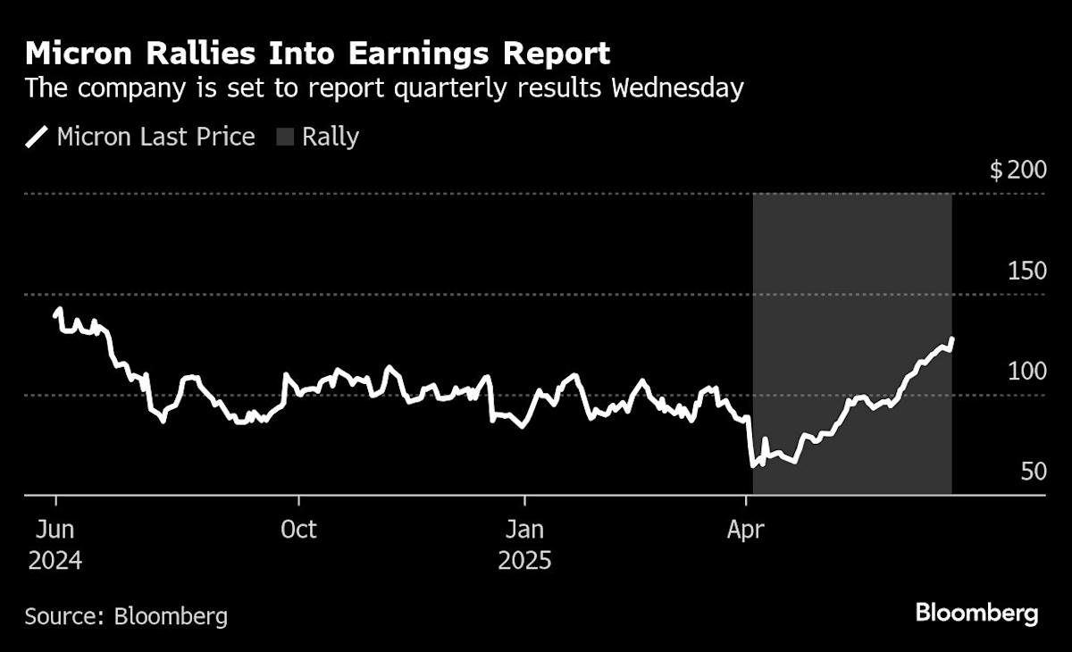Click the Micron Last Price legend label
tap(155, 137)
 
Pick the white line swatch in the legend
tap(38, 137)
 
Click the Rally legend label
tap(330, 137)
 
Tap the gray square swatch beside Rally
tap(285, 137)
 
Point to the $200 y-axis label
tap(1018, 171)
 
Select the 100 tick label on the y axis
tap(1026, 371)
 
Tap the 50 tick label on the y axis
tap(1033, 471)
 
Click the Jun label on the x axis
tap(55, 530)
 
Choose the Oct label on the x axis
tap(297, 530)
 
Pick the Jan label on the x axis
tap(524, 530)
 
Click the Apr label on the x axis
tap(745, 530)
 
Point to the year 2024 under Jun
tap(55, 562)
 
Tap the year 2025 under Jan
tap(524, 562)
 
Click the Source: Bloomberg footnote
tap(126, 615)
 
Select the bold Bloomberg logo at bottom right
tap(976, 614)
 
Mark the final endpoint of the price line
tap(952, 339)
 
